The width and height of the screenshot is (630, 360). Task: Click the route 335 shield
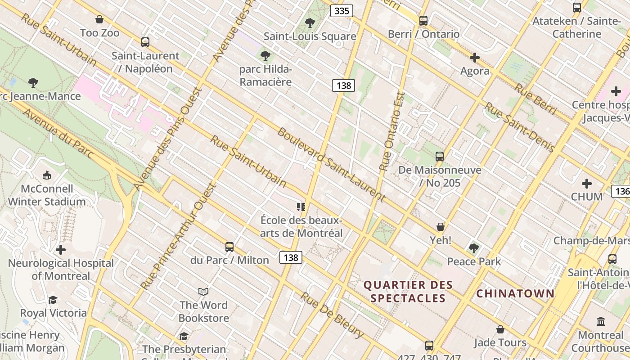click(x=342, y=11)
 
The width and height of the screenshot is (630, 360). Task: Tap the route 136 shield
click(x=622, y=191)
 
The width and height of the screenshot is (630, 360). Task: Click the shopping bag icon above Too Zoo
click(x=99, y=19)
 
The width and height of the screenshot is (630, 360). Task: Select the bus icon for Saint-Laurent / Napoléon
click(x=145, y=42)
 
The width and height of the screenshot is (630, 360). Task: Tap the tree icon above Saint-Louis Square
click(x=310, y=22)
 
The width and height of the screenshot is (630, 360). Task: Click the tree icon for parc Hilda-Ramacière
click(x=265, y=56)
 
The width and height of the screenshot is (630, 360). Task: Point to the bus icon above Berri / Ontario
click(x=423, y=20)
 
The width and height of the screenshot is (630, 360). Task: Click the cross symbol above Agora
click(x=474, y=58)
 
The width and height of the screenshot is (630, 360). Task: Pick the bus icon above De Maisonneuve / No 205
click(x=440, y=157)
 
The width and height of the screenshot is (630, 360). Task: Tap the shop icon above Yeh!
click(x=440, y=227)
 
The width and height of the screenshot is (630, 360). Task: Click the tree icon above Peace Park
click(x=473, y=248)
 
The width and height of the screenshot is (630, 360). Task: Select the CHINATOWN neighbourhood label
click(x=515, y=294)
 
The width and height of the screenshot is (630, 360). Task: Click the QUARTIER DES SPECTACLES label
click(x=408, y=292)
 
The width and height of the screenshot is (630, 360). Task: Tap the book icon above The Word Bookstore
click(x=203, y=292)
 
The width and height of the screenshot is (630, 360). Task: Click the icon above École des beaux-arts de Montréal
click(x=301, y=207)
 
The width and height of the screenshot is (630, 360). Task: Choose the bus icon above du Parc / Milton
click(x=229, y=247)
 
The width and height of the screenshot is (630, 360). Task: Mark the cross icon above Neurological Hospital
click(x=61, y=250)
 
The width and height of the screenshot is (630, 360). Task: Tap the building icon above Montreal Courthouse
click(x=601, y=321)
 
